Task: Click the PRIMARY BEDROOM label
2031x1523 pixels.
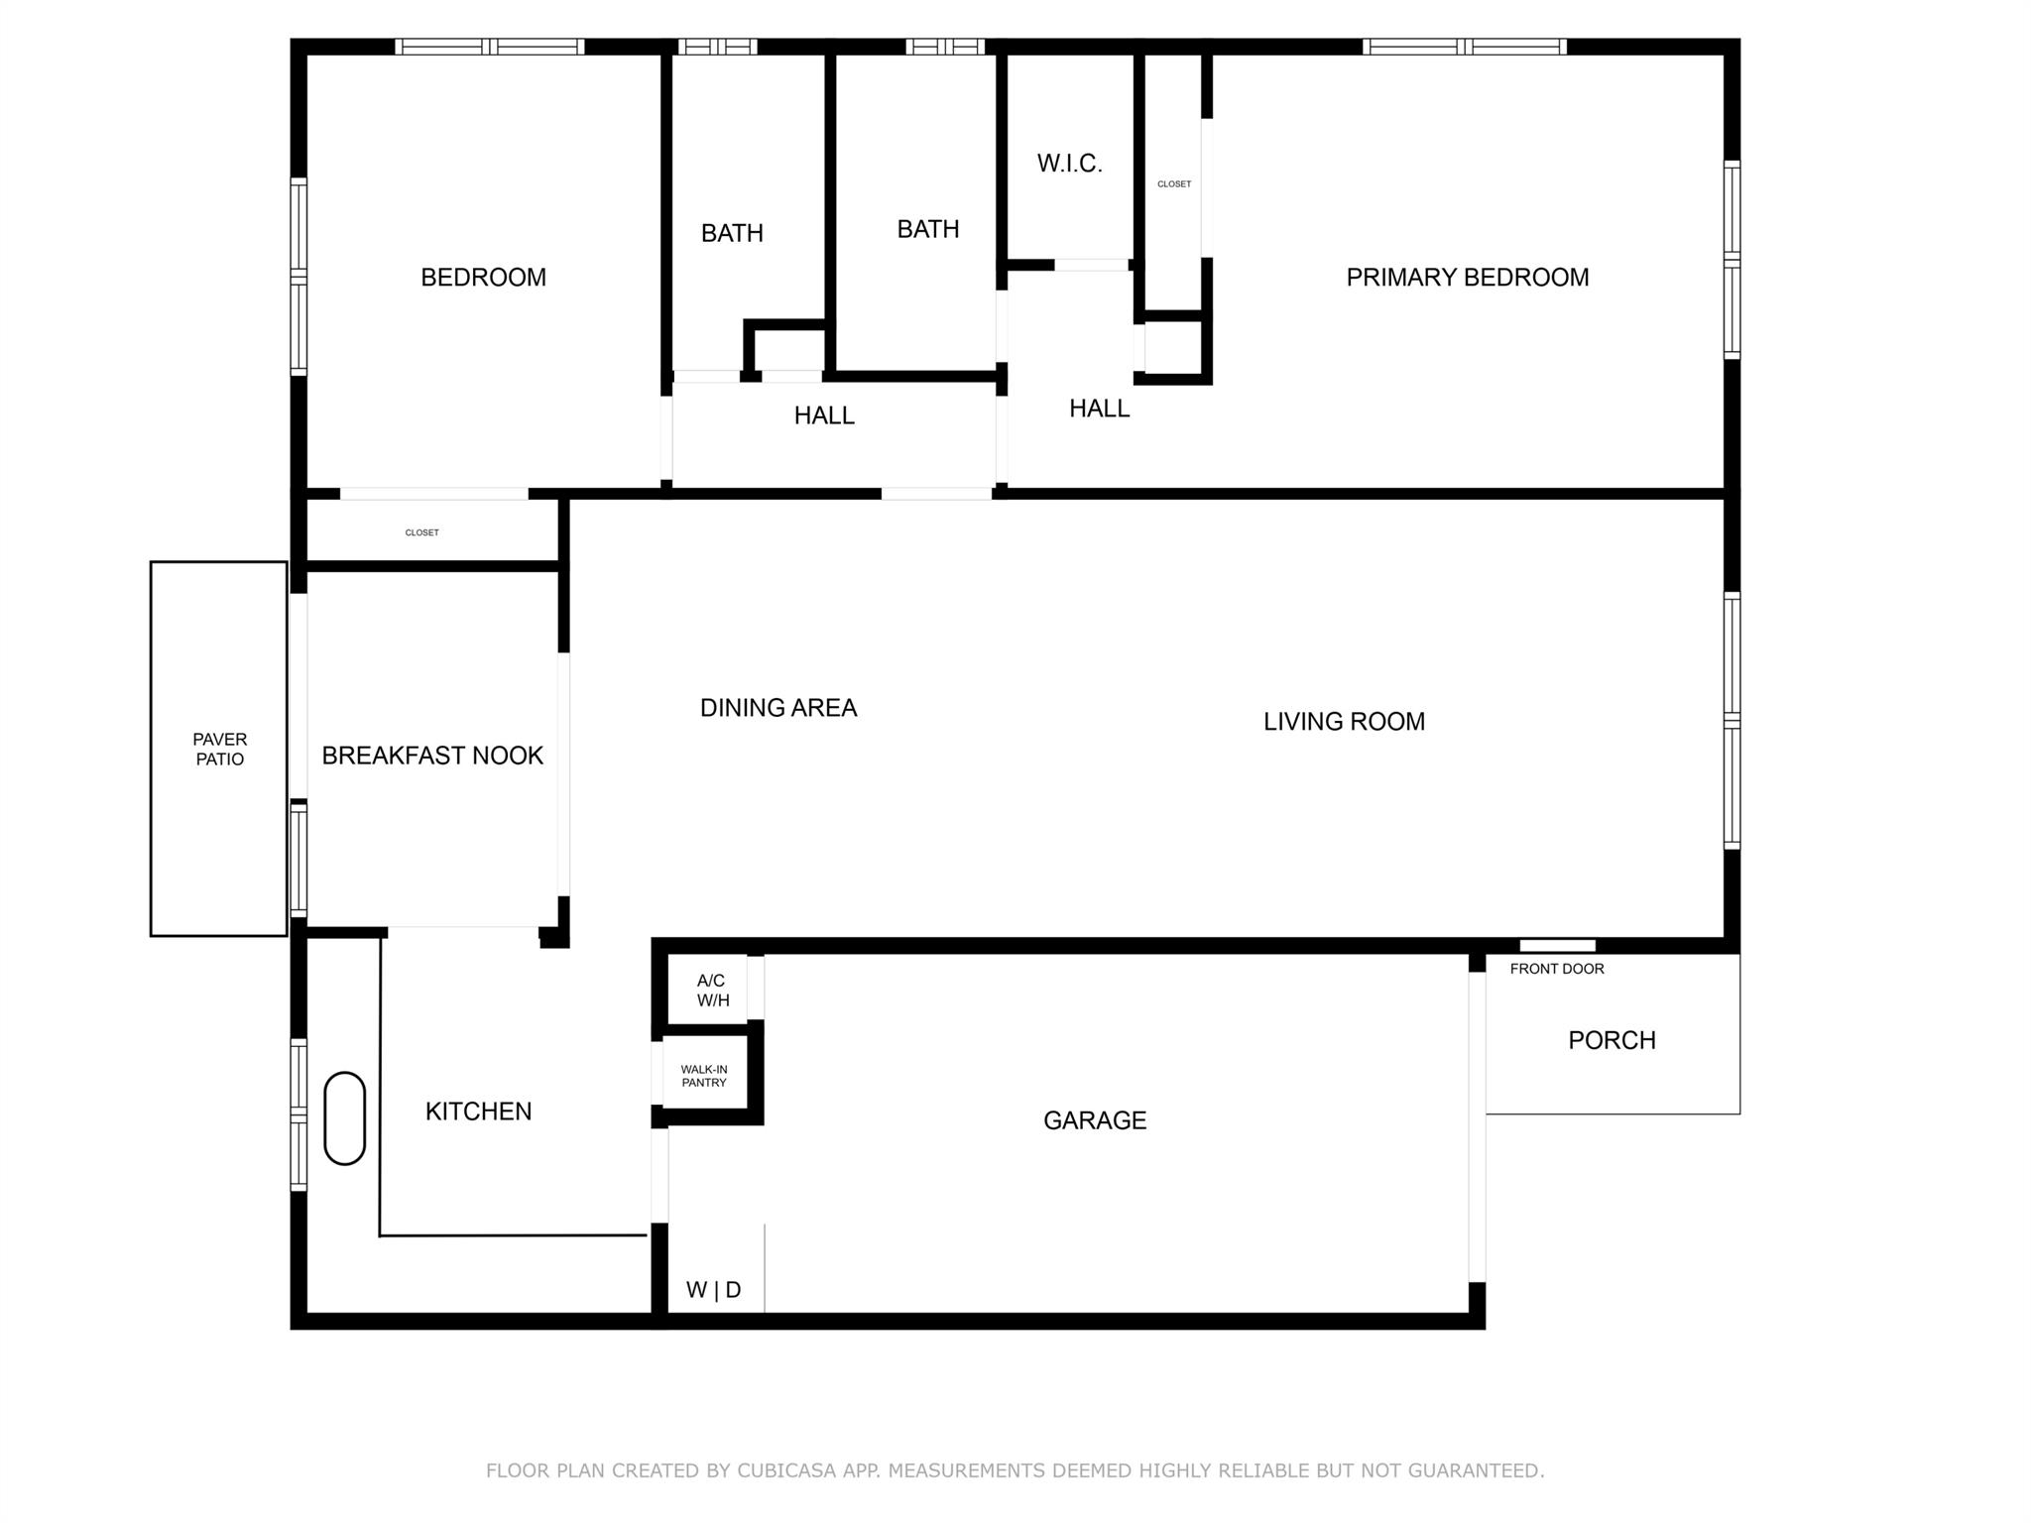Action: pyautogui.click(x=1467, y=278)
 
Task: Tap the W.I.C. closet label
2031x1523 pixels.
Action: pyautogui.click(x=1069, y=164)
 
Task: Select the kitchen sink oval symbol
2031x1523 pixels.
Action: pyautogui.click(x=344, y=1117)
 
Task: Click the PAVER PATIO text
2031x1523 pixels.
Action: pyautogui.click(x=219, y=749)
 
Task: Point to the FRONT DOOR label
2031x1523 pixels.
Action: pyautogui.click(x=1556, y=969)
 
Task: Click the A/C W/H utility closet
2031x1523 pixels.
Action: pyautogui.click(x=712, y=991)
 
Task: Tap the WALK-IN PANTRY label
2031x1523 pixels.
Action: pyautogui.click(x=703, y=1076)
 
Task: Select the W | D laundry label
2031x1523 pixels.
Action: pyautogui.click(x=713, y=1290)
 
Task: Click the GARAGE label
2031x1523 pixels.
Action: pyautogui.click(x=1094, y=1120)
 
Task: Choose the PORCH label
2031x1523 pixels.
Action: pyautogui.click(x=1611, y=1040)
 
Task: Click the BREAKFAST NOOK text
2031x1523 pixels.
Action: pyautogui.click(x=432, y=756)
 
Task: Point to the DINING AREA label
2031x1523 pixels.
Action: pyautogui.click(x=777, y=708)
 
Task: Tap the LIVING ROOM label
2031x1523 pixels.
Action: pyautogui.click(x=1343, y=722)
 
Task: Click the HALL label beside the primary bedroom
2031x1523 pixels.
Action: pyautogui.click(x=1099, y=409)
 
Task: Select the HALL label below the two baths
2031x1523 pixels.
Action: pyautogui.click(x=823, y=415)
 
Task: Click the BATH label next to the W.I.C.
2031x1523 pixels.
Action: pyautogui.click(x=927, y=229)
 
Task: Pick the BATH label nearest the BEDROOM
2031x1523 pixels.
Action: pyautogui.click(x=732, y=233)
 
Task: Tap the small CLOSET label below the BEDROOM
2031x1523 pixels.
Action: pyautogui.click(x=421, y=532)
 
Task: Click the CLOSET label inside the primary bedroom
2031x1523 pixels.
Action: pyautogui.click(x=1173, y=184)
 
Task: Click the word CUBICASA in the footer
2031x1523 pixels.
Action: pyautogui.click(x=785, y=1470)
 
